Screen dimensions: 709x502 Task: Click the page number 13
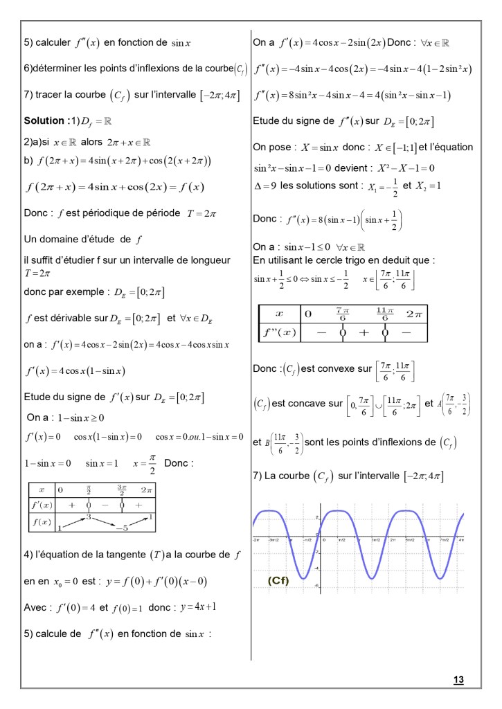coord(458,679)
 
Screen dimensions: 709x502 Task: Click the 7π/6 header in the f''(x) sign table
coord(341,312)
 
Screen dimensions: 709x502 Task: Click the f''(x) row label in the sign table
coord(278,331)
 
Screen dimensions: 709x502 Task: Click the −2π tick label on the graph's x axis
coord(257,538)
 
